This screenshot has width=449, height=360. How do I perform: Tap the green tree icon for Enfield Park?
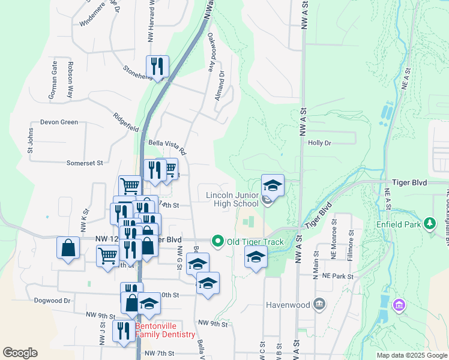click(429, 224)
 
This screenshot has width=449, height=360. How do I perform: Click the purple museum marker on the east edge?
click(399, 306)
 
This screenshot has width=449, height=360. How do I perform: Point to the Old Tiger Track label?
click(255, 242)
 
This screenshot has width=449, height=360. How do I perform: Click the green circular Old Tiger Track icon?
click(218, 242)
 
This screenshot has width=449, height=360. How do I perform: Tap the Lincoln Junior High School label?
click(232, 199)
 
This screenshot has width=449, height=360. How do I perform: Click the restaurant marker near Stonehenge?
click(157, 67)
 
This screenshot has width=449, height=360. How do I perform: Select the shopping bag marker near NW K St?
click(68, 247)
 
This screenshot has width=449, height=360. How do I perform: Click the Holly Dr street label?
click(319, 143)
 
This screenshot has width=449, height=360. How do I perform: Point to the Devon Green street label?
click(59, 122)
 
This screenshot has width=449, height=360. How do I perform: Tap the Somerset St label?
click(85, 163)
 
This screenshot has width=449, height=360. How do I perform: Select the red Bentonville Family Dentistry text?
click(165, 331)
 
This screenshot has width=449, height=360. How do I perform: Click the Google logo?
click(20, 352)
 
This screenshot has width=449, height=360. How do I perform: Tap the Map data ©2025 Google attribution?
click(412, 355)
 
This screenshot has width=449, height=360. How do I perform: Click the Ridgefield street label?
click(127, 122)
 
